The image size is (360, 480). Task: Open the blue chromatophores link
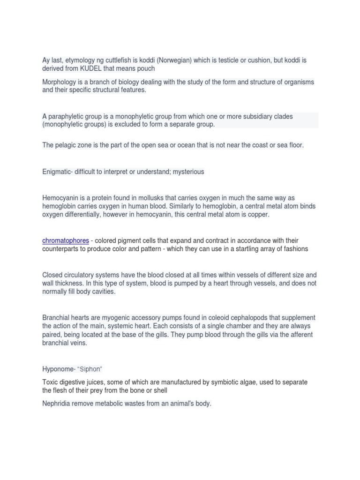click(66, 241)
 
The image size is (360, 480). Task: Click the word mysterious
click(188, 172)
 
